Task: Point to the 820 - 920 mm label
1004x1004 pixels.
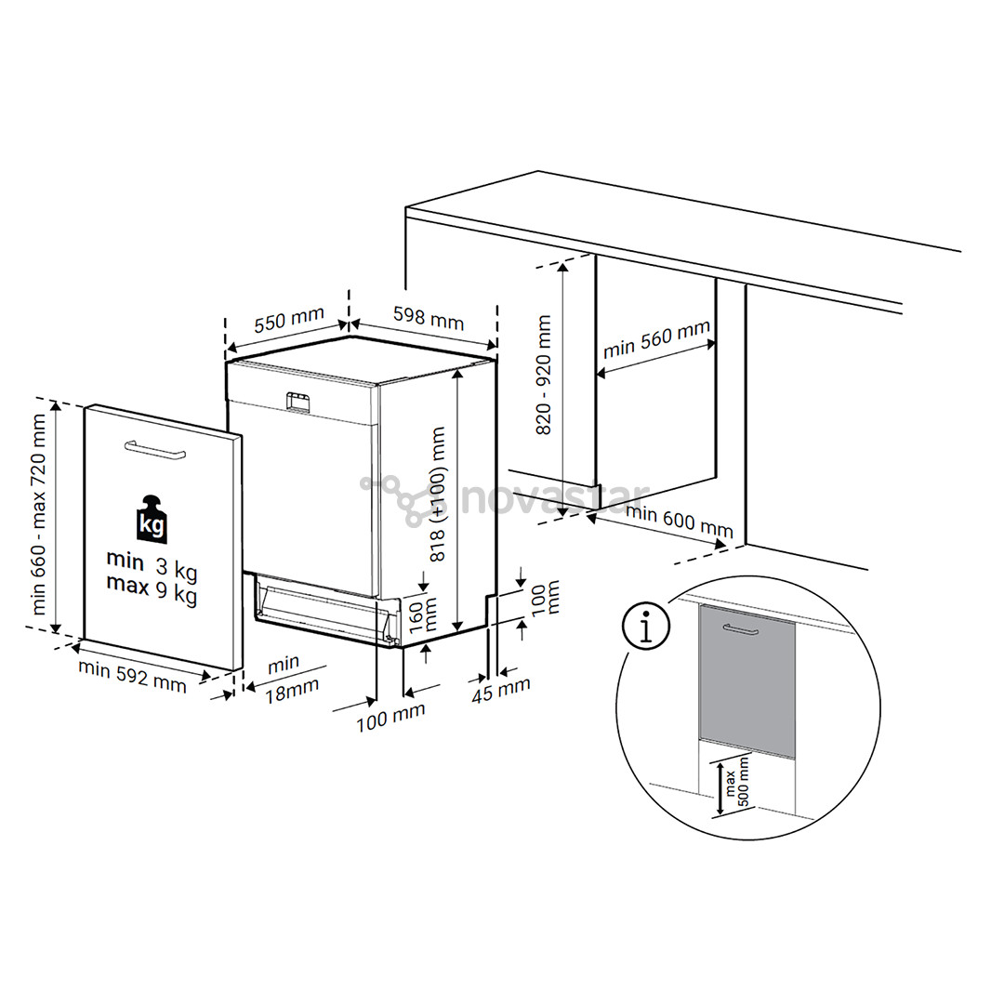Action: pos(544,375)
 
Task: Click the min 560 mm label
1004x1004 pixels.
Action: pos(656,339)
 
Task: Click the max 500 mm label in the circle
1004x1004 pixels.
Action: pos(735,789)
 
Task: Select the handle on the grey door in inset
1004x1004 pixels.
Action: pos(741,631)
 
